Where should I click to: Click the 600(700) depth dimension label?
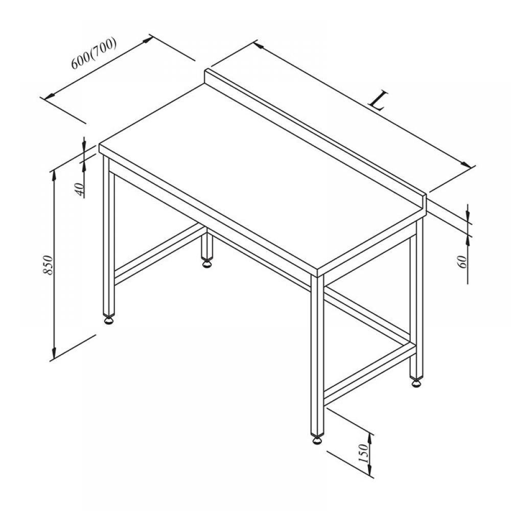click(x=94, y=53)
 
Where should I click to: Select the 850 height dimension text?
click(x=48, y=265)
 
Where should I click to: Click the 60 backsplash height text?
click(x=462, y=262)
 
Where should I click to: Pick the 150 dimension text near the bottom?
click(x=363, y=453)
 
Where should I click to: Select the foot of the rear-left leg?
click(x=206, y=263)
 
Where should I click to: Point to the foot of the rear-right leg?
click(x=416, y=382)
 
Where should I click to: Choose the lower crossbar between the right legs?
click(x=370, y=371)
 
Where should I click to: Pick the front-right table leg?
click(x=317, y=355)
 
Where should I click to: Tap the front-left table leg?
click(x=109, y=235)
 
